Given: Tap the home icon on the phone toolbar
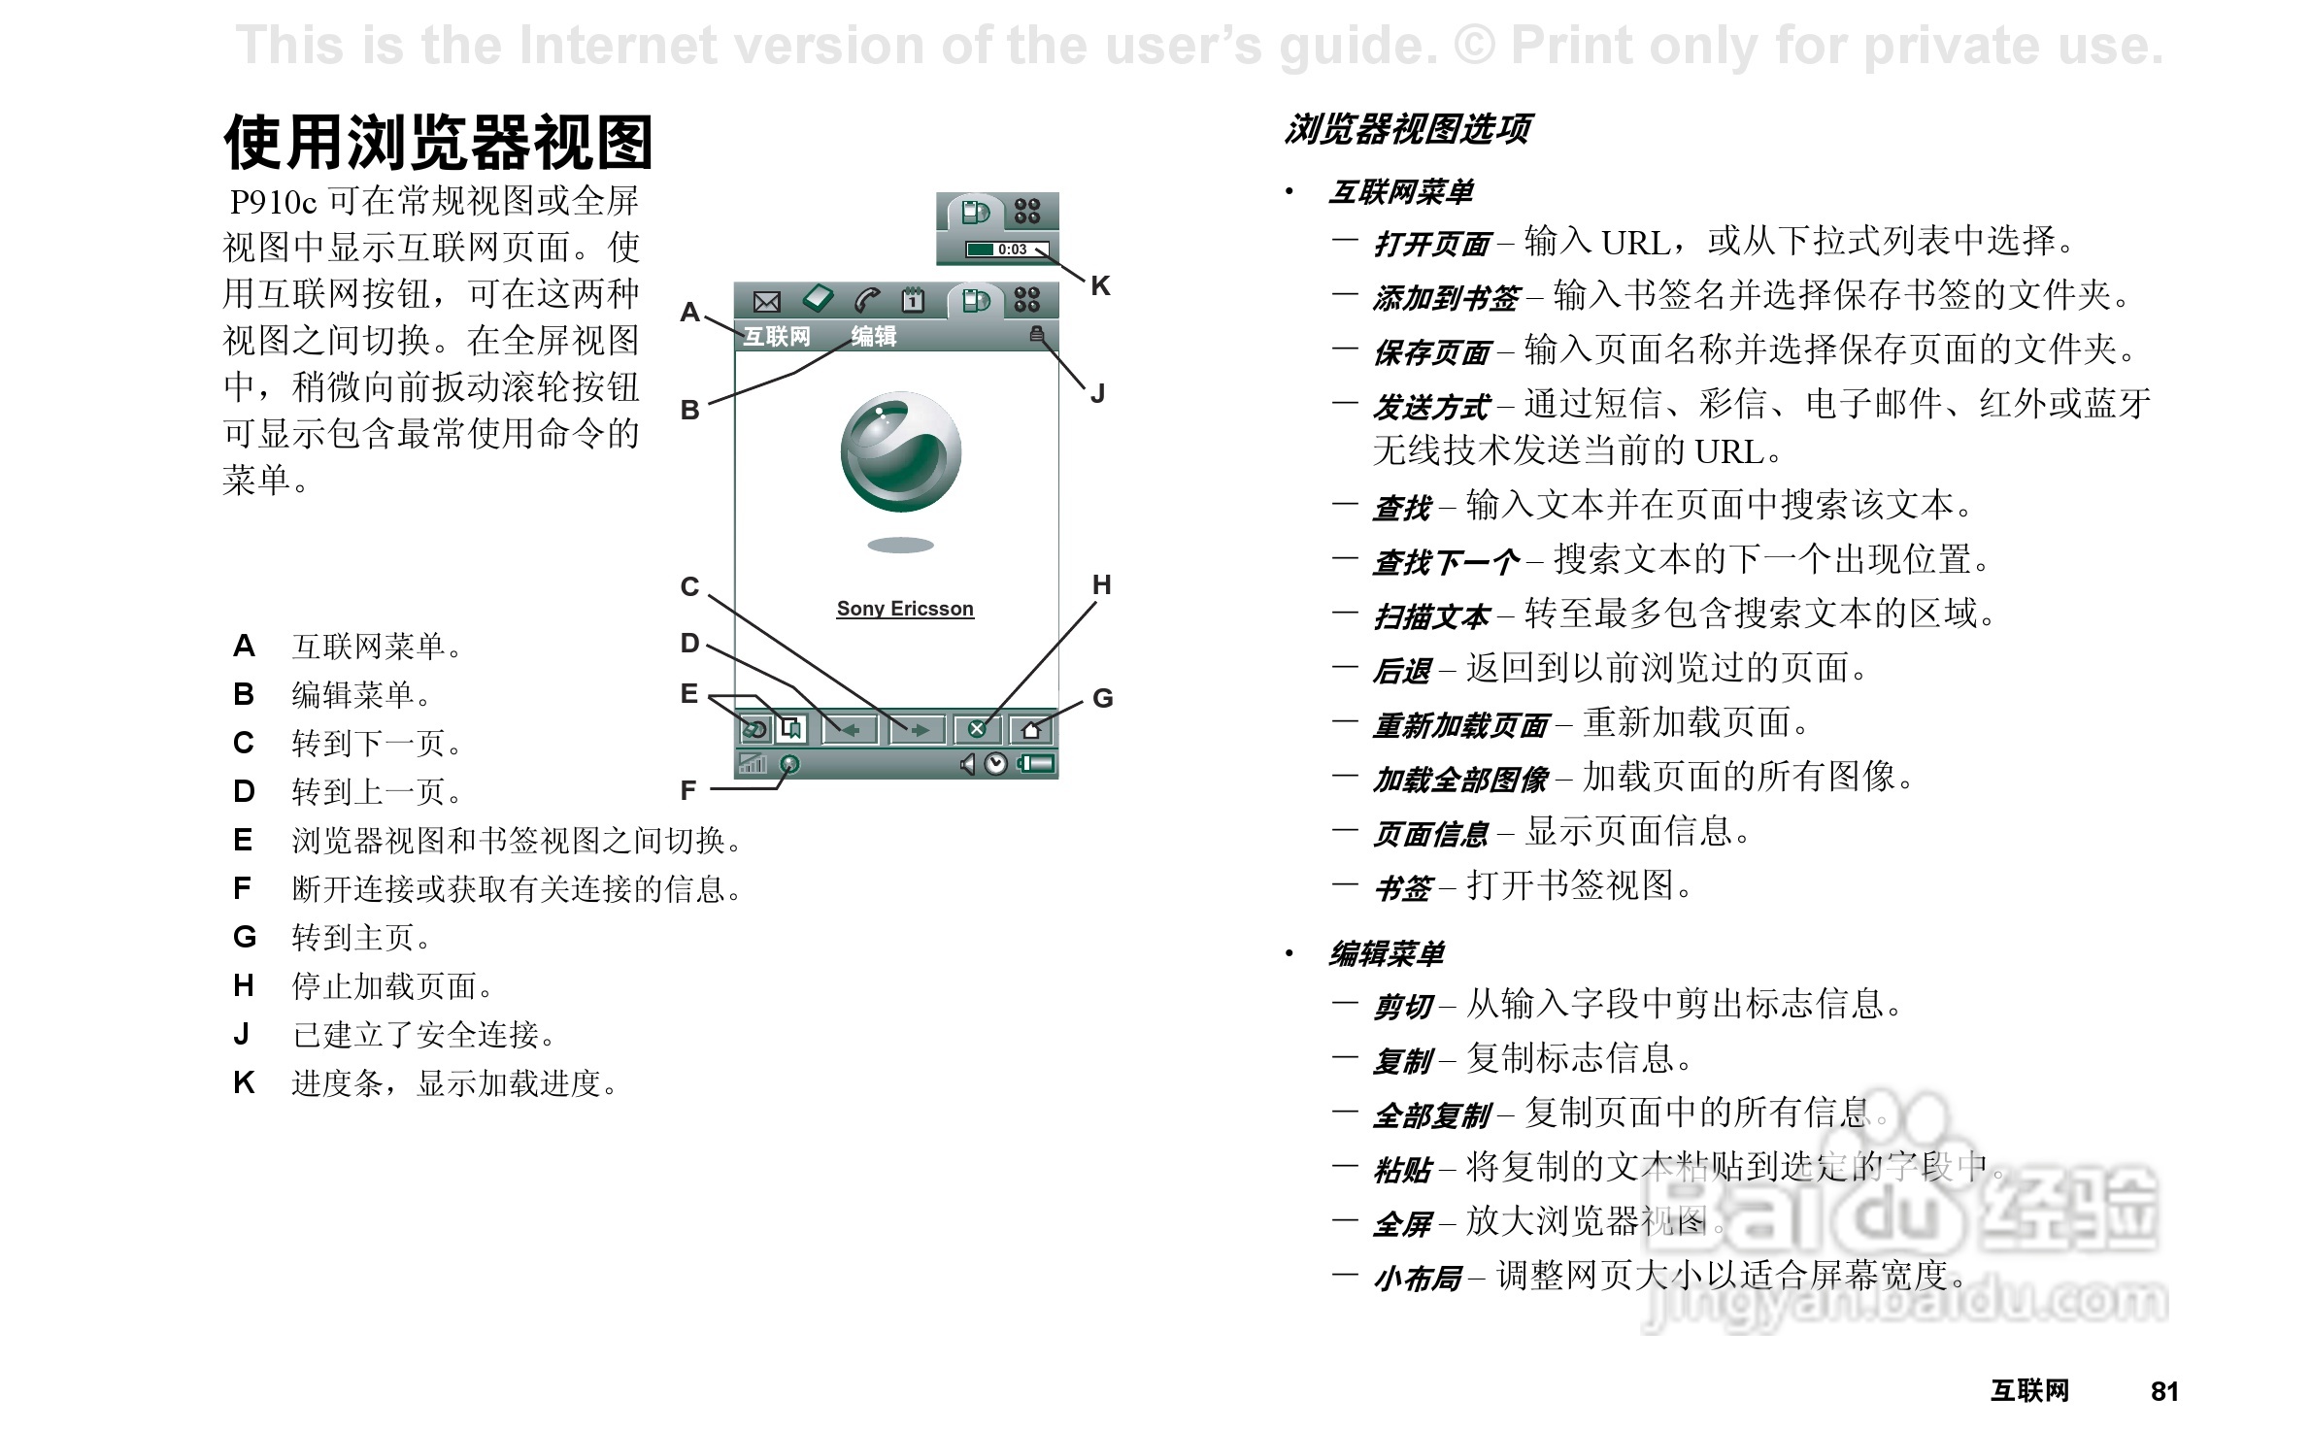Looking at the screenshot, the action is click(1031, 729).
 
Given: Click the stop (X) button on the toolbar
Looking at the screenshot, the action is click(977, 729).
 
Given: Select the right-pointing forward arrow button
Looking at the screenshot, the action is click(917, 729).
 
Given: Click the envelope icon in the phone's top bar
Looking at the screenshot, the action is click(767, 301).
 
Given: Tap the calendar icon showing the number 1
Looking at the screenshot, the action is click(913, 300).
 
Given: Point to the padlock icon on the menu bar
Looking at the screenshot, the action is click(1037, 335).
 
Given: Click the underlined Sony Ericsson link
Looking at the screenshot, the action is click(905, 609).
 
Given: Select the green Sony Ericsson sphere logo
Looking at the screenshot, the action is click(901, 452).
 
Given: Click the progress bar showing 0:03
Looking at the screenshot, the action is click(1007, 249).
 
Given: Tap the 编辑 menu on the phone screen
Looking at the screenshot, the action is click(873, 336).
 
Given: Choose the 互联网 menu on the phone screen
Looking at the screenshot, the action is click(777, 336).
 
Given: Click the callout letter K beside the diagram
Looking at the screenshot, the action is click(1100, 285).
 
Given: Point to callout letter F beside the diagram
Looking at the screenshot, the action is click(688, 790).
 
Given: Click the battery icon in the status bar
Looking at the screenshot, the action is click(1036, 765).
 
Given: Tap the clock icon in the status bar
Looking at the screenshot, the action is click(996, 765).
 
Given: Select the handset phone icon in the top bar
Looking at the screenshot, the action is click(866, 300).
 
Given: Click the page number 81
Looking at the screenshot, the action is click(2164, 1391).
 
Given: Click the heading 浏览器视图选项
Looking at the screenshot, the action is click(1408, 129).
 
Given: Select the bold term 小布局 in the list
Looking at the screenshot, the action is click(1418, 1279).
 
